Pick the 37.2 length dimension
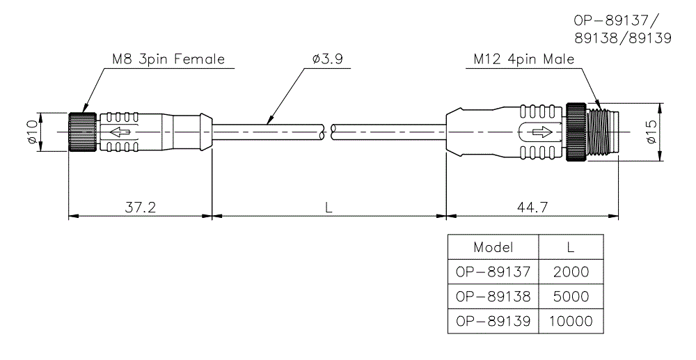[139, 208]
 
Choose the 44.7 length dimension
[532, 208]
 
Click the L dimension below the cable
[328, 208]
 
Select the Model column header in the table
[493, 247]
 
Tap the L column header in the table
[570, 247]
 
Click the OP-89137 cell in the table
[493, 272]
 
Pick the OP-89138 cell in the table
[493, 297]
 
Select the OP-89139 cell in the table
[493, 321]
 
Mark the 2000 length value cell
[570, 272]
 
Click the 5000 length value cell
[570, 297]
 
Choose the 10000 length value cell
[570, 321]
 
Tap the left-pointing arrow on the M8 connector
[120, 132]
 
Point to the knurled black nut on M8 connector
[83, 132]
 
